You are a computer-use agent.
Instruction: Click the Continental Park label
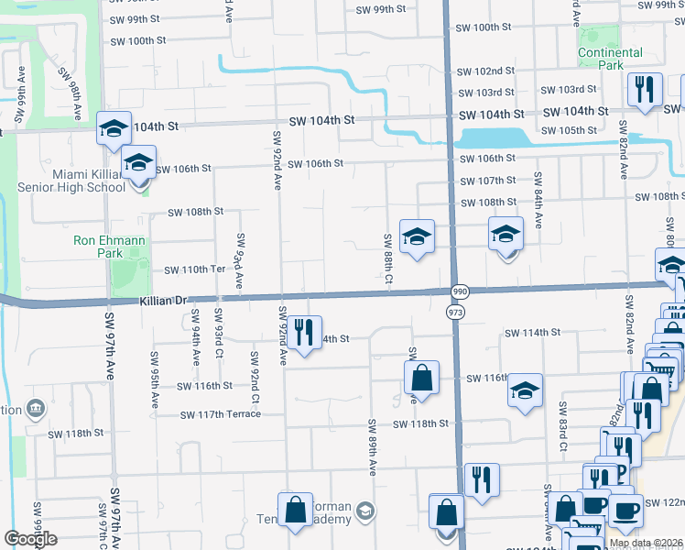point(610,59)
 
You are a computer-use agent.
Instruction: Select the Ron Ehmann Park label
point(110,246)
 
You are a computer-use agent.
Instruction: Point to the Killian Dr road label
point(163,300)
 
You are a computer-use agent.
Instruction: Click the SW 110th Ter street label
point(194,270)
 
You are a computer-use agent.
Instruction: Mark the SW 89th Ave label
point(373,447)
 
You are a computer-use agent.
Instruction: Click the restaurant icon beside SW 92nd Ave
point(306,333)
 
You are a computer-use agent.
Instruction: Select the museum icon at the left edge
point(35,406)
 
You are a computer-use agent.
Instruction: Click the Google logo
point(30,539)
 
